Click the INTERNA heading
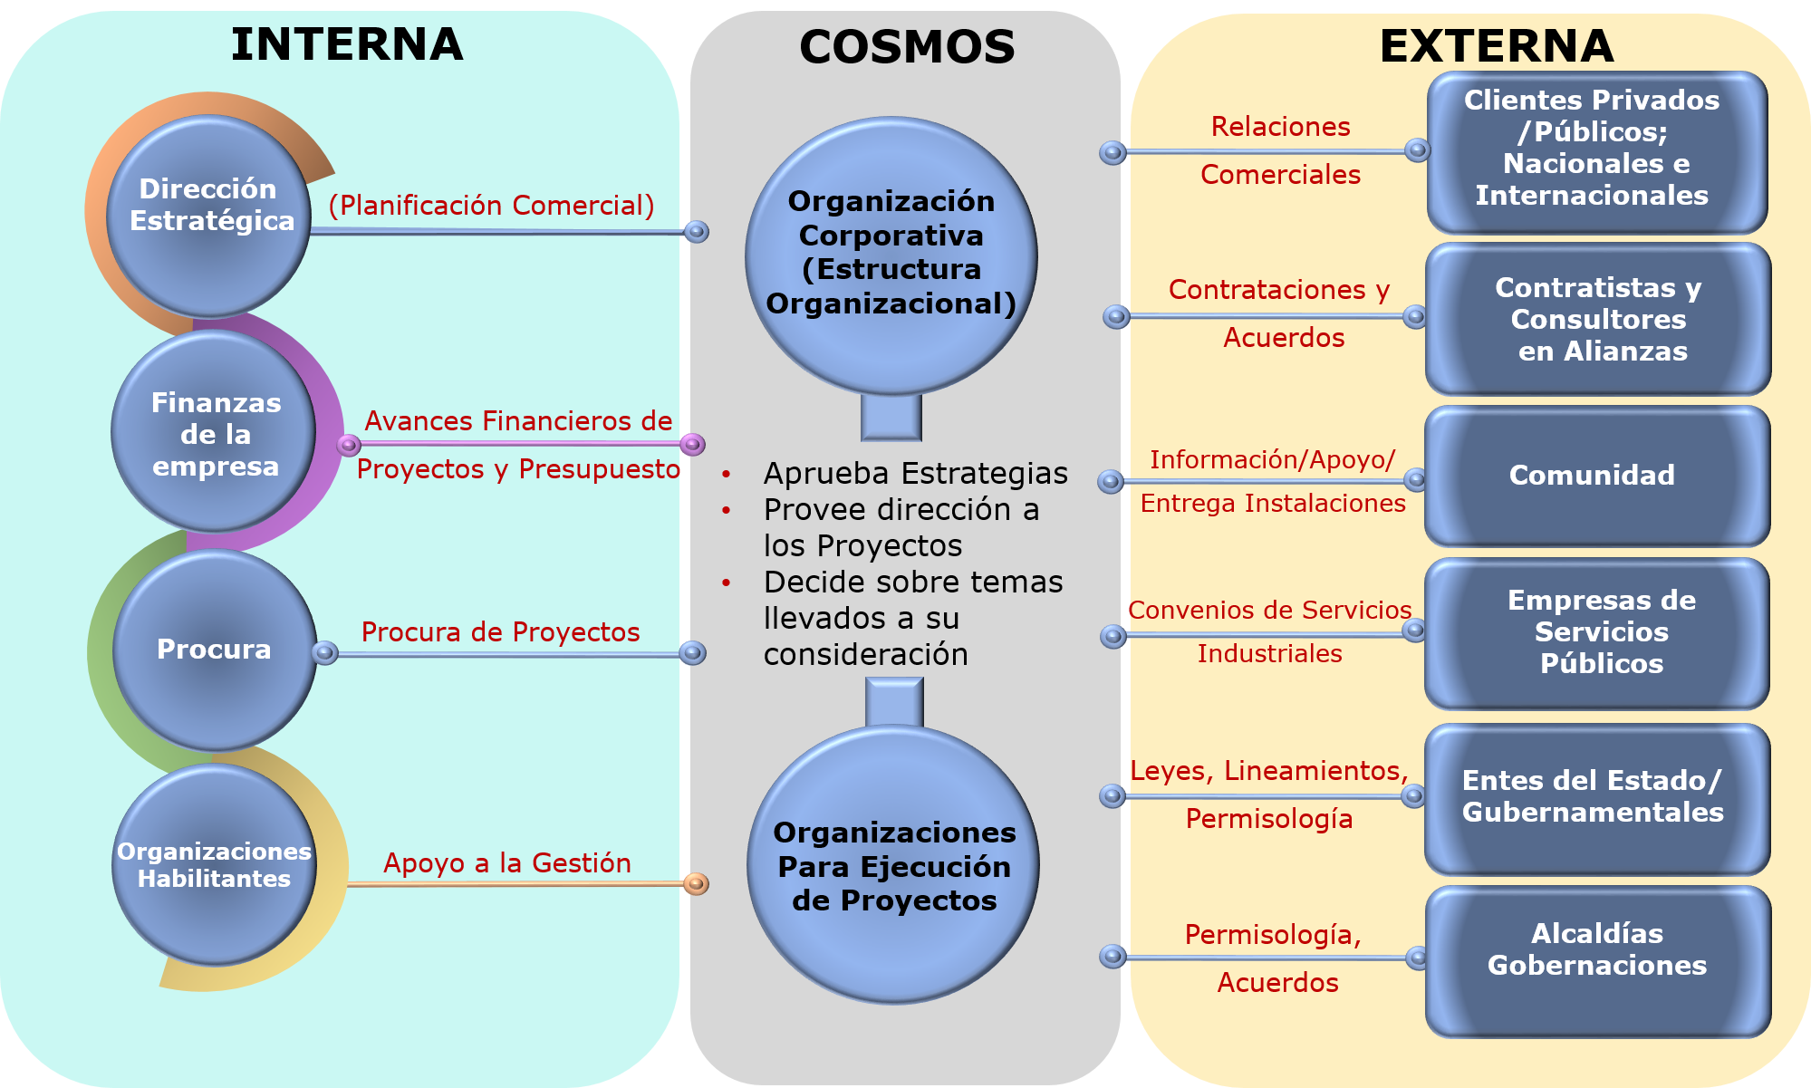click(x=347, y=44)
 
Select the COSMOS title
click(x=907, y=47)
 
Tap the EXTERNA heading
click(x=1497, y=46)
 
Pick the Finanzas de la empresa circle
click(x=215, y=433)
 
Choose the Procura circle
click(x=215, y=650)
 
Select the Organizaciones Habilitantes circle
click(x=214, y=865)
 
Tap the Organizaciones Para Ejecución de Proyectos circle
click(x=893, y=865)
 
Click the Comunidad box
click(x=1596, y=476)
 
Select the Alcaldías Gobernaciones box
click(x=1596, y=960)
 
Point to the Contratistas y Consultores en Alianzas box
click(x=1598, y=319)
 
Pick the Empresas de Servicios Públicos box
click(x=1598, y=632)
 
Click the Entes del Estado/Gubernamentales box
click(x=1596, y=797)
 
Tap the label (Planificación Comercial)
click(x=492, y=206)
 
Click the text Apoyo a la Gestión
click(x=507, y=862)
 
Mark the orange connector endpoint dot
click(x=696, y=883)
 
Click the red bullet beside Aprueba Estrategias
click(x=727, y=474)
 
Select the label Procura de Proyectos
click(x=500, y=632)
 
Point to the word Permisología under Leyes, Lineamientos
click(x=1268, y=819)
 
